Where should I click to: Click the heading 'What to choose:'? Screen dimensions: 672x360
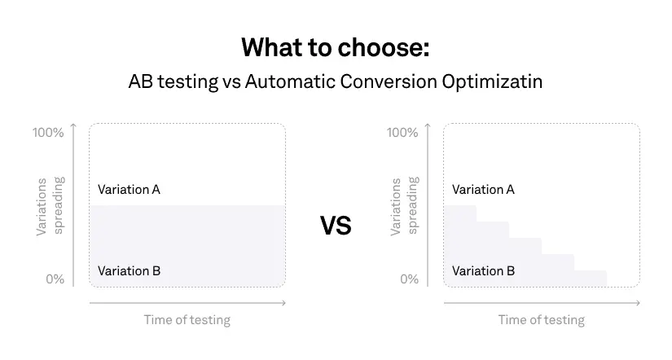[x=335, y=47]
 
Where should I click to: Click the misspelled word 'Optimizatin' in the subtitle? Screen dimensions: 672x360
[x=492, y=82]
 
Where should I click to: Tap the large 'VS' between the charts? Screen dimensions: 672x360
[x=336, y=226]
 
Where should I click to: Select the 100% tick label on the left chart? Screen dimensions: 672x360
[x=48, y=133]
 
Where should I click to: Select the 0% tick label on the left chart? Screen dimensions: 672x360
[x=55, y=279]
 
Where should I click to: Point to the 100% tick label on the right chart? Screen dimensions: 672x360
[x=402, y=133]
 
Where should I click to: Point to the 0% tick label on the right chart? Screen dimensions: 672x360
[x=409, y=279]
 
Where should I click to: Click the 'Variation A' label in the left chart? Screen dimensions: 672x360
[x=129, y=190]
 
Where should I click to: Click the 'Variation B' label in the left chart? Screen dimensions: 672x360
[x=129, y=271]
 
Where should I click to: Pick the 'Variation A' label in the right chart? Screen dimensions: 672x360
[x=483, y=190]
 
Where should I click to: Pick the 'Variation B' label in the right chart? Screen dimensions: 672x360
[x=483, y=271]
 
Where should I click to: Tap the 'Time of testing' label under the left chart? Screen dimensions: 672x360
[x=187, y=320]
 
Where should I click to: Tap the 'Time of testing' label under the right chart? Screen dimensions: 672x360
[x=542, y=320]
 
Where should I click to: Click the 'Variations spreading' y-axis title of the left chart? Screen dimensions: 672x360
[x=50, y=206]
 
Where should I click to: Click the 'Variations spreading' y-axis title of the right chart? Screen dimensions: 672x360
[x=404, y=206]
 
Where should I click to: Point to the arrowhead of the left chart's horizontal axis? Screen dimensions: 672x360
[x=283, y=303]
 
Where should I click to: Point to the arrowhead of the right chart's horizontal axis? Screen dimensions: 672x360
[x=638, y=303]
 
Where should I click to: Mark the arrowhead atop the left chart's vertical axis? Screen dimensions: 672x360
[x=73, y=125]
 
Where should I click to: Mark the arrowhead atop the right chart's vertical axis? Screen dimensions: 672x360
[x=428, y=125]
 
